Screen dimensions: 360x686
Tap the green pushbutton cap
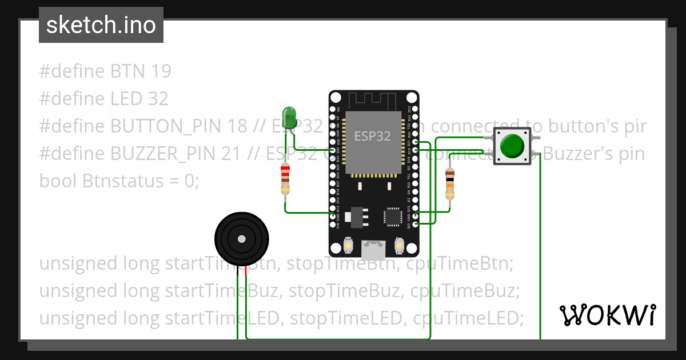(x=512, y=146)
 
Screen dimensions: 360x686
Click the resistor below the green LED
(x=285, y=178)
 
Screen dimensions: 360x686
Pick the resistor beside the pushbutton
(x=450, y=184)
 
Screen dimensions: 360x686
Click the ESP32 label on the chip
(x=373, y=137)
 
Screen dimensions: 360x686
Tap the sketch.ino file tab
(x=101, y=25)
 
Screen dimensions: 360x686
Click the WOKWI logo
(x=608, y=315)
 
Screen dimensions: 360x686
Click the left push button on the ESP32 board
(x=348, y=246)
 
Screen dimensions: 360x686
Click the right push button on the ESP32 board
(x=399, y=246)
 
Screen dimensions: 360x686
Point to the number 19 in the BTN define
(x=161, y=71)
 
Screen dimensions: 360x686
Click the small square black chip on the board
(x=393, y=217)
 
